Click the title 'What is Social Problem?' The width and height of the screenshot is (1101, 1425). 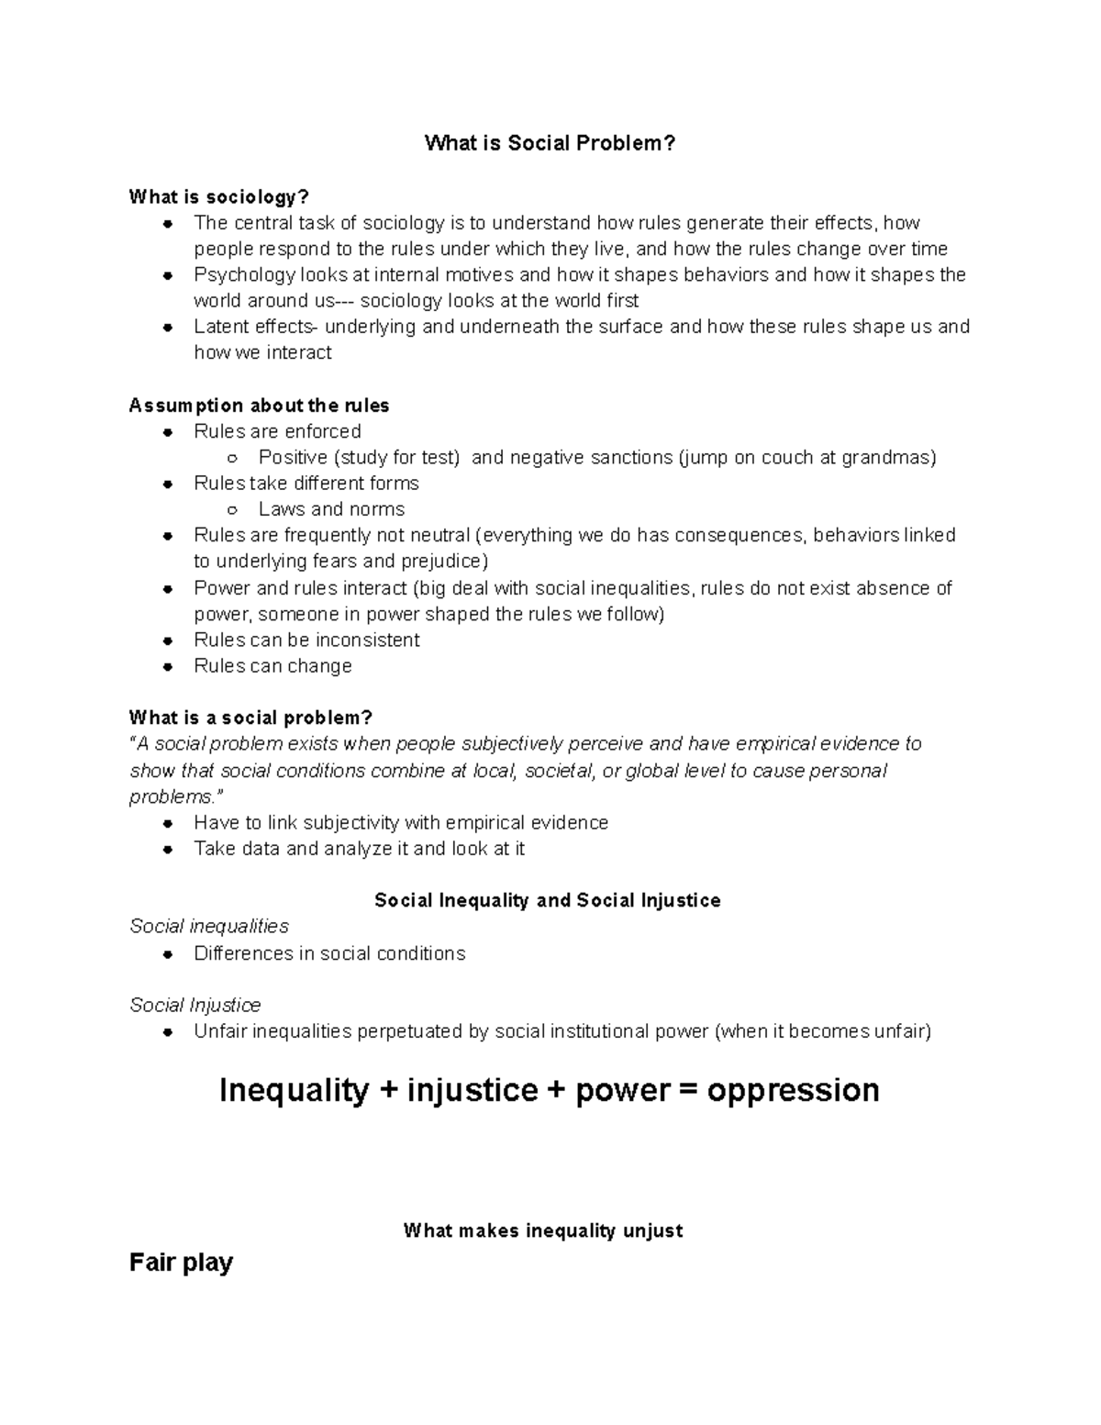(550, 143)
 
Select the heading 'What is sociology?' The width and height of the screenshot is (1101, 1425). (219, 197)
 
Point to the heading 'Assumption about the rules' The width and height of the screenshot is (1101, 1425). (259, 406)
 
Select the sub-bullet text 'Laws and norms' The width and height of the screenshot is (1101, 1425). (331, 509)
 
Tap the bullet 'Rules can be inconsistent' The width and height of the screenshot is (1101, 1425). (306, 640)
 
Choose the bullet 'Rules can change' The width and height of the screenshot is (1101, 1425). (272, 666)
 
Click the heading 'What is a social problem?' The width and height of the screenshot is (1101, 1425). (250, 718)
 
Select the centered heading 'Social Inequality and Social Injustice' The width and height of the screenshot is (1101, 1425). (548, 901)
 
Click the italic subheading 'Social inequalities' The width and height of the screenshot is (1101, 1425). (209, 927)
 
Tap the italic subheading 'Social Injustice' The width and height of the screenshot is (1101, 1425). (195, 1005)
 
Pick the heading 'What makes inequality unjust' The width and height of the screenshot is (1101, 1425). (543, 1230)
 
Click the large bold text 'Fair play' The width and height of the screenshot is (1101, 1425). (182, 1263)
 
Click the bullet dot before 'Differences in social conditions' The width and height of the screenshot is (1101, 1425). (168, 954)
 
